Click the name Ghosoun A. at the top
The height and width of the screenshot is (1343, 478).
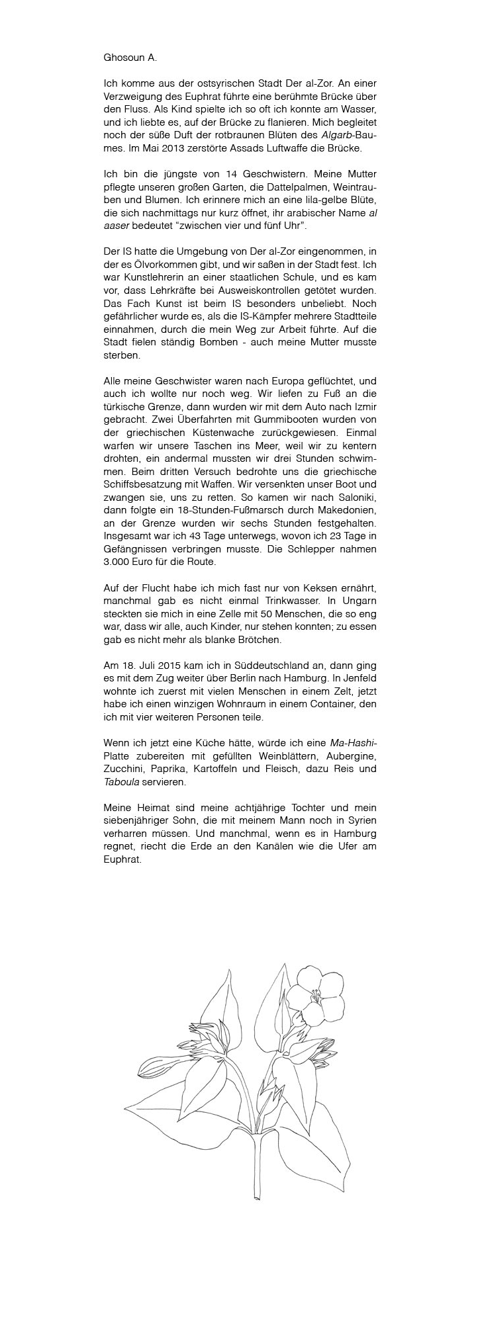[x=130, y=58]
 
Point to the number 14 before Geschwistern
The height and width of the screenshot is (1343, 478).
[x=216, y=174]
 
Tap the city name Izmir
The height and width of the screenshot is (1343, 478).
[x=363, y=406]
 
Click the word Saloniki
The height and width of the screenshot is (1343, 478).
[x=355, y=498]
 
